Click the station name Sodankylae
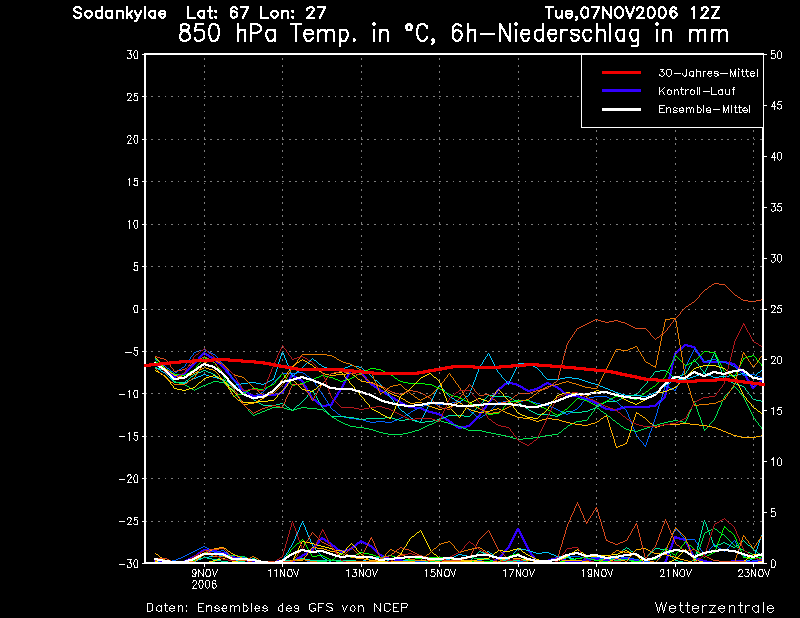[x=119, y=13]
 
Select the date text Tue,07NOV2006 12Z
[x=632, y=13]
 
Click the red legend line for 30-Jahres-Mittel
[x=621, y=73]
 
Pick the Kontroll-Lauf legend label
[x=696, y=91]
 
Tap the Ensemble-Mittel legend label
[x=704, y=109]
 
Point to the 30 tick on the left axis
[x=133, y=55]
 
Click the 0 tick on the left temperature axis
[x=136, y=309]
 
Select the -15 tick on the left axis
[x=129, y=436]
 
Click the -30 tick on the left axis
[x=129, y=563]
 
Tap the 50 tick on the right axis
[x=776, y=55]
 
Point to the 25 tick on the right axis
[x=776, y=309]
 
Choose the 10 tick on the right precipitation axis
[x=776, y=462]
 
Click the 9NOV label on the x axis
[x=205, y=573]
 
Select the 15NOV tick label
[x=440, y=573]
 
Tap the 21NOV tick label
[x=676, y=573]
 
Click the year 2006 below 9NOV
[x=205, y=585]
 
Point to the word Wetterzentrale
[x=715, y=608]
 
